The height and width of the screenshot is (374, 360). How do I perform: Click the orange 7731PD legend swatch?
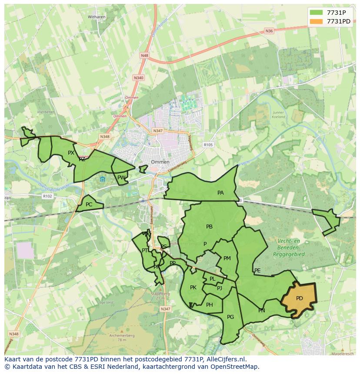(317, 21)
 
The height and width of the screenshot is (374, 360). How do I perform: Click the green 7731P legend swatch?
(317, 13)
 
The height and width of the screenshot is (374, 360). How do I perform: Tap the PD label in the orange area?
(299, 298)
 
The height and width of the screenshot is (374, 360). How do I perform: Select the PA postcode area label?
(220, 192)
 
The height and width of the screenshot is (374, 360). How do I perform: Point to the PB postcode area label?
(209, 226)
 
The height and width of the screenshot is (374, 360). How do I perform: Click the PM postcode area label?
(227, 258)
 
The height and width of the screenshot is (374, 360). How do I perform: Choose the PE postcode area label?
(257, 270)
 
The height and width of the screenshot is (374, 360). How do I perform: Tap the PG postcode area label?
(230, 317)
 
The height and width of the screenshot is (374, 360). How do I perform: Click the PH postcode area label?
(210, 304)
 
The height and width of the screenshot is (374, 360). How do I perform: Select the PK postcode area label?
(193, 287)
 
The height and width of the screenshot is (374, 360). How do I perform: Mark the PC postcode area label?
(89, 204)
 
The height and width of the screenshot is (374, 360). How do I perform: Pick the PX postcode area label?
(71, 152)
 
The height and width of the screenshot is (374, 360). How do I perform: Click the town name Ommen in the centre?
(160, 162)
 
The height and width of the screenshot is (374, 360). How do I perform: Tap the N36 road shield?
(269, 31)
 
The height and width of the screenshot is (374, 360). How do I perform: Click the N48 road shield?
(144, 56)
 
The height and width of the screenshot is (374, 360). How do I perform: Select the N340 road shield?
(138, 77)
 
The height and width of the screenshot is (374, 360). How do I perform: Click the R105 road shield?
(208, 145)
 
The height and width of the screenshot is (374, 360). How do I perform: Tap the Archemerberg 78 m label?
(122, 338)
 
